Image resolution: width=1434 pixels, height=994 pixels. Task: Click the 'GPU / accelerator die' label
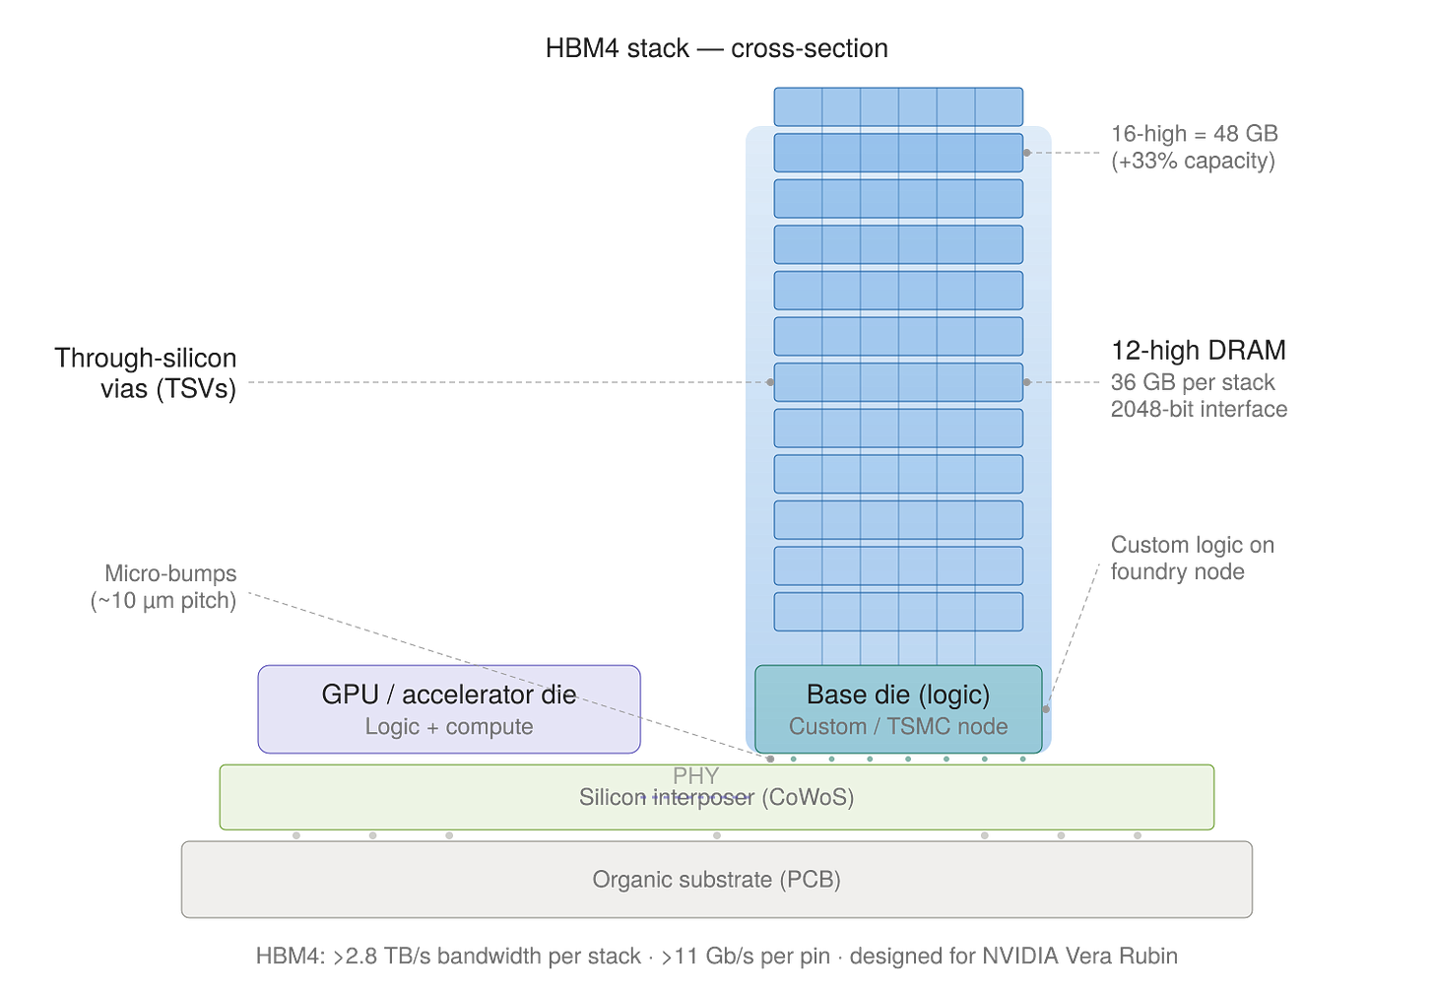coord(449,695)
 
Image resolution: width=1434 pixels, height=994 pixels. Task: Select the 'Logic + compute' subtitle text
coord(449,727)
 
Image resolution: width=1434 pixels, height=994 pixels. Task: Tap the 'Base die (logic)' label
coord(898,695)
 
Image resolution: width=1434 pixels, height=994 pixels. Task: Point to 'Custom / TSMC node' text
coord(898,727)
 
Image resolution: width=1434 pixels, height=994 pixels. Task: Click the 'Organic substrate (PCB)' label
coord(716,880)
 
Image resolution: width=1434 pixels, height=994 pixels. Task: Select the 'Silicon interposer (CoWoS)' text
coord(716,798)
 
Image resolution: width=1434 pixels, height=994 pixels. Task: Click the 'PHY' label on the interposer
coord(695,776)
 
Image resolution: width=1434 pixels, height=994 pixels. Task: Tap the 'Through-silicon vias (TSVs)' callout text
coord(148,373)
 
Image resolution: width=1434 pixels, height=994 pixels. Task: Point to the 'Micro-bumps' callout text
coord(169,573)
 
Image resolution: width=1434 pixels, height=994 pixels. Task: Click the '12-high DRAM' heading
coord(1199,351)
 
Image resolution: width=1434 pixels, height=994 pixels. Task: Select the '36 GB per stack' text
coord(1194,382)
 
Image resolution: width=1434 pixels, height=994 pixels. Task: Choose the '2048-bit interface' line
coord(1200,408)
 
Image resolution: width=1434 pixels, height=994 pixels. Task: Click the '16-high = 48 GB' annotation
coord(1195,134)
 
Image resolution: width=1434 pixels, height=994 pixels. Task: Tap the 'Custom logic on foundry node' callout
coord(1192,558)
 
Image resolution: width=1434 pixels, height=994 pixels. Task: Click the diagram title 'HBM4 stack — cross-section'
coord(716,47)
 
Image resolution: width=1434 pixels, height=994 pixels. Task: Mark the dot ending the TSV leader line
coord(770,382)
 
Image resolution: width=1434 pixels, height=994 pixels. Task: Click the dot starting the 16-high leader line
coord(1027,153)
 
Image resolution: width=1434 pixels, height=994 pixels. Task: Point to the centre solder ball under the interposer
coord(717,836)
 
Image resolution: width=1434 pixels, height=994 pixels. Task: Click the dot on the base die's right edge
coord(1046,708)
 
